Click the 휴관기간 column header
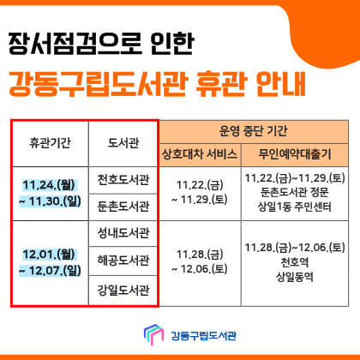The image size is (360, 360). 50,143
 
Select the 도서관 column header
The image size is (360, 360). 123,143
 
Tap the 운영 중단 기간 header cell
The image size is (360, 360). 254,132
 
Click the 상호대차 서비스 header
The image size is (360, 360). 199,155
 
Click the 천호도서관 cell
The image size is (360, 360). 123,181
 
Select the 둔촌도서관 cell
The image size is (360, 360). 123,207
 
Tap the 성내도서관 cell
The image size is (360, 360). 123,233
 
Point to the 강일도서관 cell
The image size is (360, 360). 123,290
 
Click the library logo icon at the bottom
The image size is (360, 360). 152,333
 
